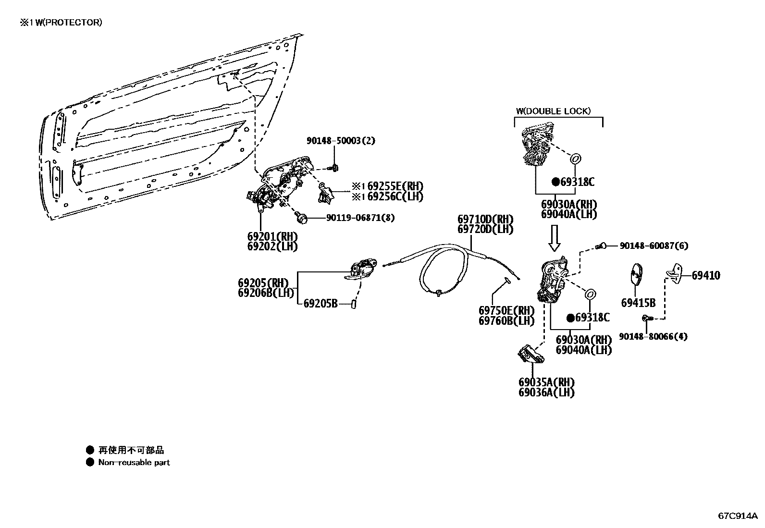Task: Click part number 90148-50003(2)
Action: (x=341, y=140)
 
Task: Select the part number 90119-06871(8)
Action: (x=360, y=218)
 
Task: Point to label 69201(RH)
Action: (x=272, y=236)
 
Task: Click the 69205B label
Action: (x=321, y=303)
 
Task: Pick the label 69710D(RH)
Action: (x=485, y=220)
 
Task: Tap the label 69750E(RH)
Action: (x=506, y=311)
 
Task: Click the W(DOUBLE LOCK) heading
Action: (x=553, y=111)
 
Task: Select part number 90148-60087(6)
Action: (x=654, y=246)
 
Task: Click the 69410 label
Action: (x=706, y=275)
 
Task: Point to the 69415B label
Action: (x=638, y=303)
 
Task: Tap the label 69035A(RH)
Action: (x=546, y=382)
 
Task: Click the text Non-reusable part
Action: (x=134, y=462)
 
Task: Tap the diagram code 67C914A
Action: (x=737, y=516)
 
